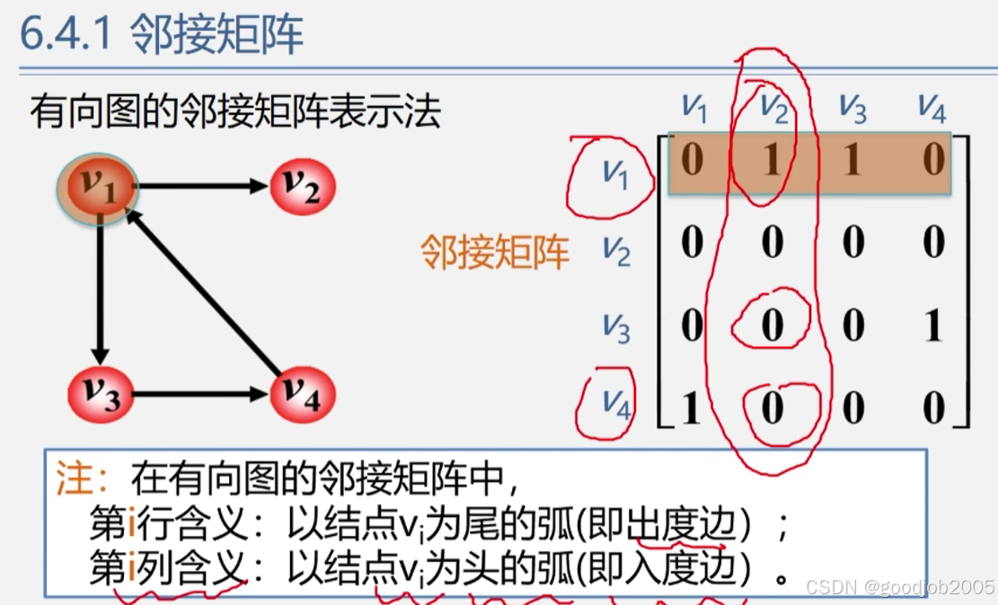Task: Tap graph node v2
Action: [x=302, y=186]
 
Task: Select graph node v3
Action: [x=101, y=394]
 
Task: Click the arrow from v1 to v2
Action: [x=202, y=186]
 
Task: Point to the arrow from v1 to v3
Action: [x=101, y=288]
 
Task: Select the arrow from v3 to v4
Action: [x=201, y=394]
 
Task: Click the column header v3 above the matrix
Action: [x=852, y=107]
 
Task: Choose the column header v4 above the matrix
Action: [x=932, y=107]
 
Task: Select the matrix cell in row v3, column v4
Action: [x=933, y=325]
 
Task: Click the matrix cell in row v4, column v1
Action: [x=691, y=408]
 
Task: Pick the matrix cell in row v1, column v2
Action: [x=772, y=161]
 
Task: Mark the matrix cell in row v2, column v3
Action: [x=852, y=243]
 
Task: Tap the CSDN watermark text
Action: [x=899, y=587]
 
